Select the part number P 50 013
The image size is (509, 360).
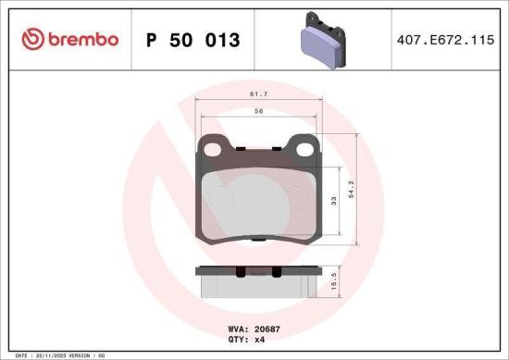(x=193, y=41)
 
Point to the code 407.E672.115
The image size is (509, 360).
(x=441, y=40)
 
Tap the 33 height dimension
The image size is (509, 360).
(x=334, y=201)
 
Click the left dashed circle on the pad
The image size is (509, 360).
(x=222, y=198)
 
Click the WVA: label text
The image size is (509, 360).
(x=238, y=329)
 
